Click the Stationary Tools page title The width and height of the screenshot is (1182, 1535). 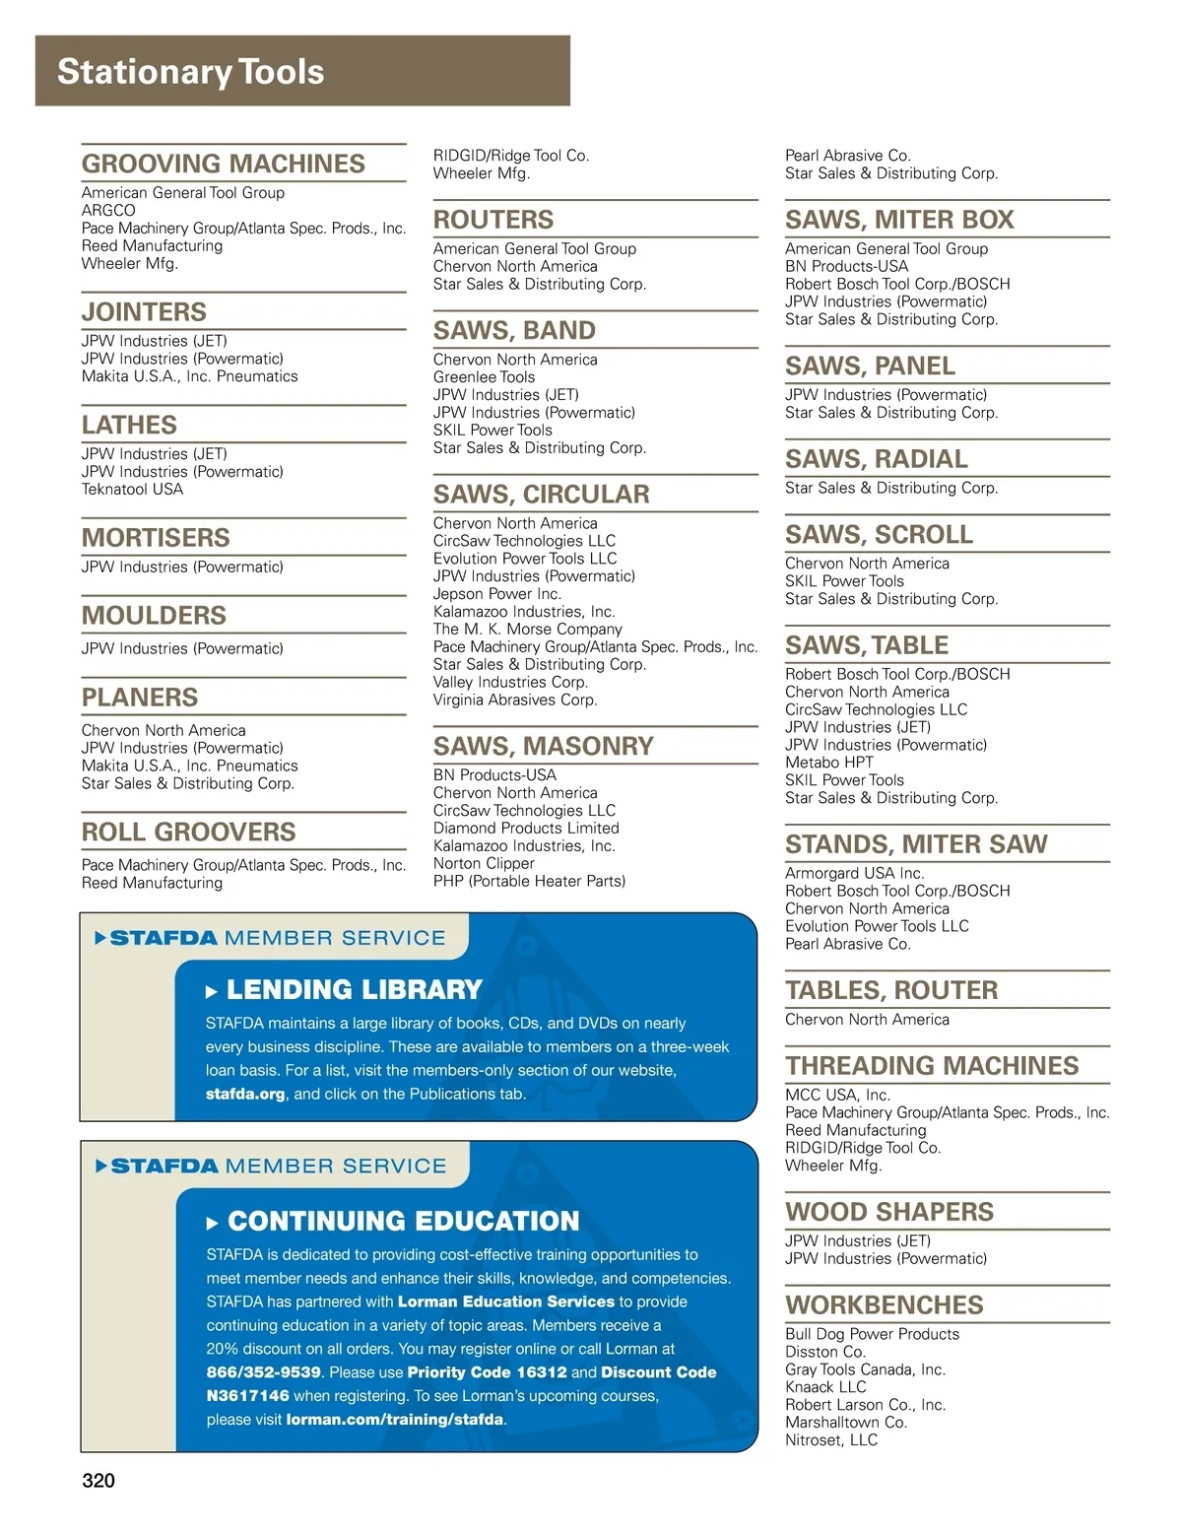coord(190,72)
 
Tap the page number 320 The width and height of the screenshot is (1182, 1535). coord(98,1480)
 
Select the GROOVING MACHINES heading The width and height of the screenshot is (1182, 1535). coord(223,164)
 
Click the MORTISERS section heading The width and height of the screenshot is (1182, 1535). coord(156,538)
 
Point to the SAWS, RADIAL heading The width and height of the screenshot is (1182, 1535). coord(876,459)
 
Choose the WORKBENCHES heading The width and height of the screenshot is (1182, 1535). coord(884,1304)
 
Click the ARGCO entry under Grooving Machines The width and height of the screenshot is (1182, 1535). coord(108,211)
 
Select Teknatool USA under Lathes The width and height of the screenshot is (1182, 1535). coord(132,490)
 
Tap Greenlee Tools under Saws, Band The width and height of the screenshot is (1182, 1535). coord(484,377)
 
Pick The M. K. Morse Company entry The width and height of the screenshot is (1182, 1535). coord(527,630)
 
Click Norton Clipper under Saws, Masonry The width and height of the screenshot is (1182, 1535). coord(484,864)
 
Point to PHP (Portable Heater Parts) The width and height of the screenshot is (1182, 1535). coord(529,882)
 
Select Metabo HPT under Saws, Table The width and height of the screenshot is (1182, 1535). coord(828,763)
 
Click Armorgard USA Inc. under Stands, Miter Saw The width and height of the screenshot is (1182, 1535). coord(854,874)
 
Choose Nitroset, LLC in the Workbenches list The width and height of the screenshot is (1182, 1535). coord(830,1440)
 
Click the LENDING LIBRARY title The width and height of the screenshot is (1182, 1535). coord(354,990)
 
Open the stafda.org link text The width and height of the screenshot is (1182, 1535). coord(245,1094)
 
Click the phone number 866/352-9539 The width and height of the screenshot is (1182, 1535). coord(264,1372)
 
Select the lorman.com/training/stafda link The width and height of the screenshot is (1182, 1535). coord(394,1420)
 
